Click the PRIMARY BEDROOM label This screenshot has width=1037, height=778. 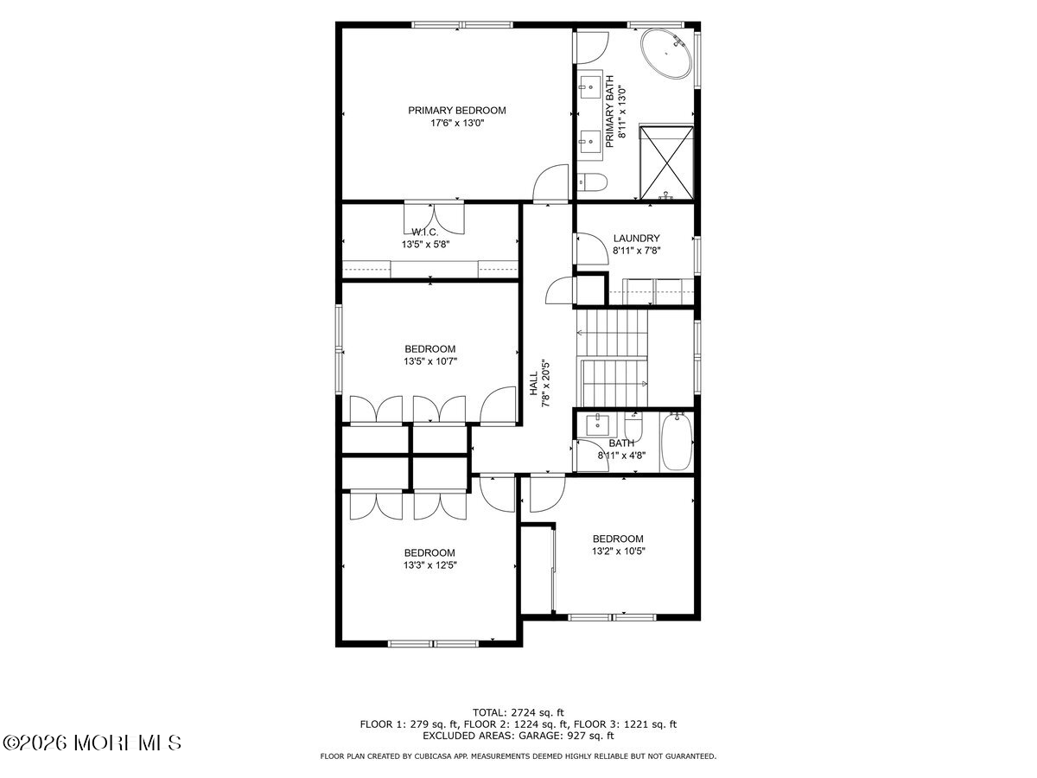(x=456, y=110)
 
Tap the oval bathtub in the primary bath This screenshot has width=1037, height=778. (x=665, y=55)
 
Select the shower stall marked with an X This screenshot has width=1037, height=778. (x=665, y=162)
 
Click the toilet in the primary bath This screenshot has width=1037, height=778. (x=593, y=181)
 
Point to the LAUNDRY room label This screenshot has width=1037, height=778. (x=636, y=239)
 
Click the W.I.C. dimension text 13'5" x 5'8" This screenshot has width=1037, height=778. (x=425, y=245)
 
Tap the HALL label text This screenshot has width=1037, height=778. (x=533, y=385)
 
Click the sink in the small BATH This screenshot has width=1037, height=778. (x=598, y=425)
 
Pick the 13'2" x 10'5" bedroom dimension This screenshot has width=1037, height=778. (x=619, y=551)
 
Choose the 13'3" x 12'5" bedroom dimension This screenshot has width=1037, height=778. (x=429, y=565)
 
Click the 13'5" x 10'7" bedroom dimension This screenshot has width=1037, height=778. (x=429, y=361)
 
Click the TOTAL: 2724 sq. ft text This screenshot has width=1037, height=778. (x=518, y=712)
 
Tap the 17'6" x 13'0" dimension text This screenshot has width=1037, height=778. (x=456, y=123)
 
